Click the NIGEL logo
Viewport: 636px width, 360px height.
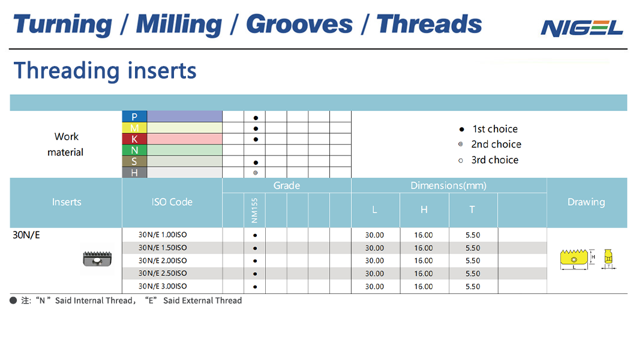pyautogui.click(x=581, y=28)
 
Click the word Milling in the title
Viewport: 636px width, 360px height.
pyautogui.click(x=179, y=25)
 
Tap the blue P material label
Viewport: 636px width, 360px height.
pyautogui.click(x=134, y=116)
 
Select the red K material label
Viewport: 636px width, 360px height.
pyautogui.click(x=134, y=139)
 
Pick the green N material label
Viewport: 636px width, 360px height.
pyautogui.click(x=134, y=150)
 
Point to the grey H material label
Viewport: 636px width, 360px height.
pyautogui.click(x=134, y=173)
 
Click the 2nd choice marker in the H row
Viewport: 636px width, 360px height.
pyautogui.click(x=255, y=173)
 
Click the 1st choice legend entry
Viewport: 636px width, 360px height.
pyautogui.click(x=488, y=129)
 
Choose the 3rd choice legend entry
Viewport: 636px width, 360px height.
pyautogui.click(x=488, y=160)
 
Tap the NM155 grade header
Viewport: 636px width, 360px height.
pyautogui.click(x=254, y=210)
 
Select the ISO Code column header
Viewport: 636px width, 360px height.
pyautogui.click(x=172, y=202)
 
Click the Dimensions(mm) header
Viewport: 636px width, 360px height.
pyautogui.click(x=448, y=185)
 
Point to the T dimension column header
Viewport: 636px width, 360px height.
pyautogui.click(x=472, y=209)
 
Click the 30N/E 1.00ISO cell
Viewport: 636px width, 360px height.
pyautogui.click(x=163, y=235)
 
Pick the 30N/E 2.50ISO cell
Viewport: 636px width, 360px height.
pyautogui.click(x=163, y=273)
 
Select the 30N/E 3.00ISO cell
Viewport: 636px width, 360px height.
pyautogui.click(x=163, y=286)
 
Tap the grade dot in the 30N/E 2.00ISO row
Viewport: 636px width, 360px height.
pyautogui.click(x=255, y=260)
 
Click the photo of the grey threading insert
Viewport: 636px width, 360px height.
pyautogui.click(x=97, y=259)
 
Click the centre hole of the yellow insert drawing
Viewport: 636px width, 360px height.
pyautogui.click(x=574, y=259)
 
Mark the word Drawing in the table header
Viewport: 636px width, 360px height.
pyautogui.click(x=586, y=202)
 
